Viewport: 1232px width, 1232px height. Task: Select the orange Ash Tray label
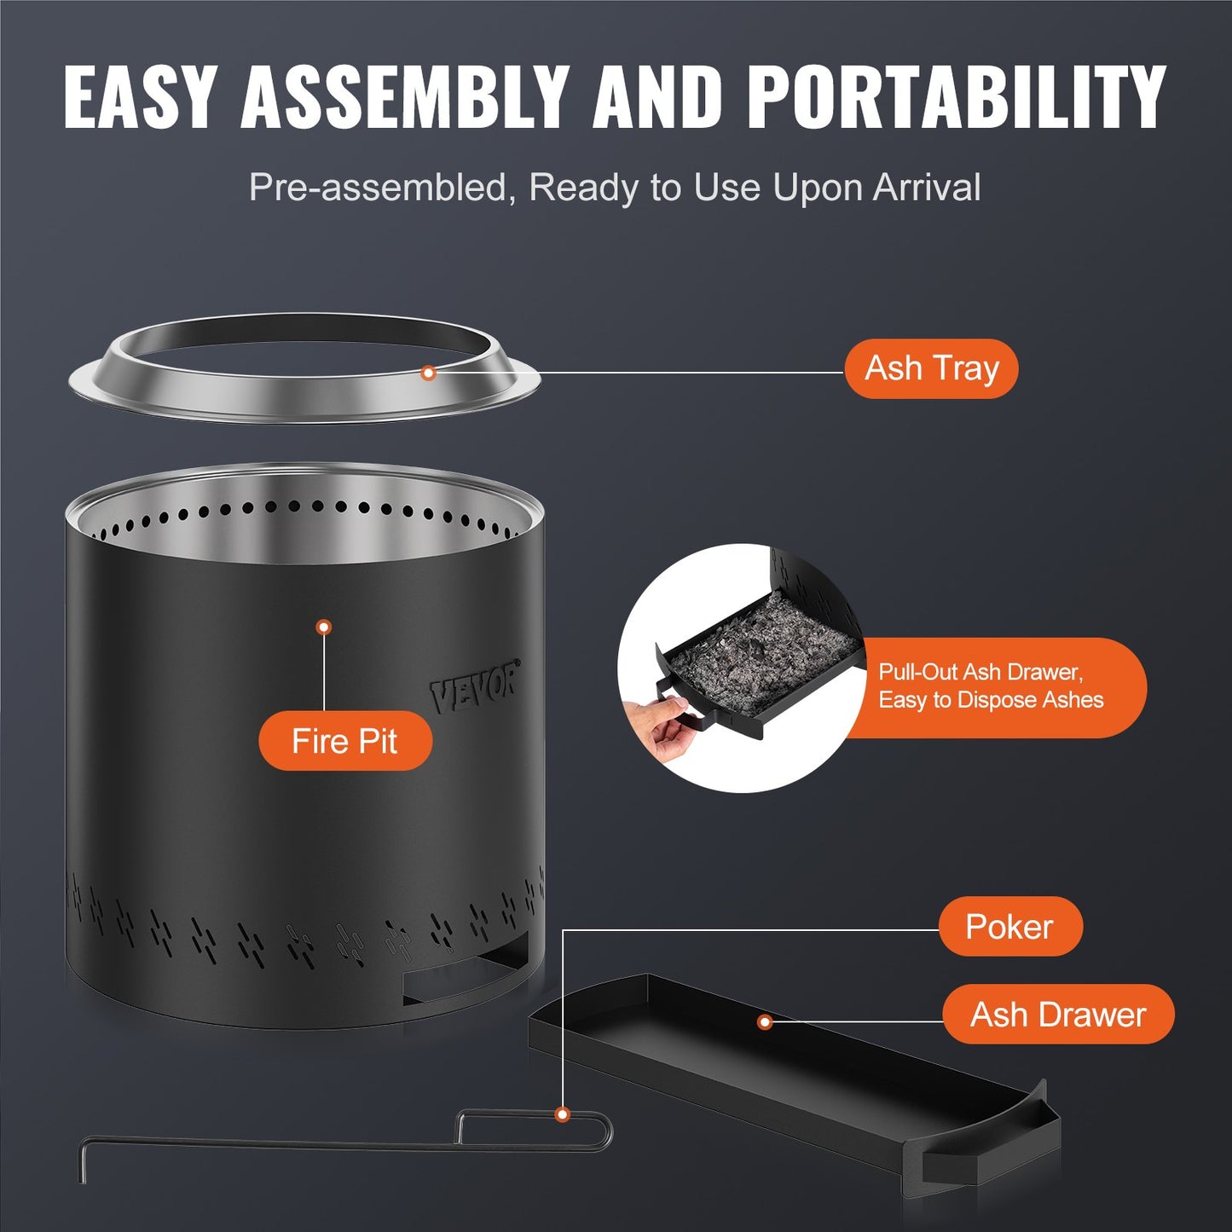[x=931, y=368]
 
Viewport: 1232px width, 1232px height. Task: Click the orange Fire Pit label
[x=344, y=741]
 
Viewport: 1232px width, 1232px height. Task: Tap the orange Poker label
[x=1009, y=927]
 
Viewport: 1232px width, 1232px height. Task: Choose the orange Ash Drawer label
[x=1058, y=1015]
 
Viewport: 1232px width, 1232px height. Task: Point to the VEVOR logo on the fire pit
[x=474, y=687]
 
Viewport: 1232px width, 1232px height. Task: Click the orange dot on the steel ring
[x=429, y=373]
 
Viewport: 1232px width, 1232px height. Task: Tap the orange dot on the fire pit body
[x=323, y=628]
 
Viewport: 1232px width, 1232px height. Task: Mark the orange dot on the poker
[x=562, y=1114]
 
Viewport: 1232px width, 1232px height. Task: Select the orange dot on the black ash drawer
[x=765, y=1021]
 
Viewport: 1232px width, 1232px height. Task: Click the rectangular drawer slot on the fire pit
[x=465, y=976]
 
